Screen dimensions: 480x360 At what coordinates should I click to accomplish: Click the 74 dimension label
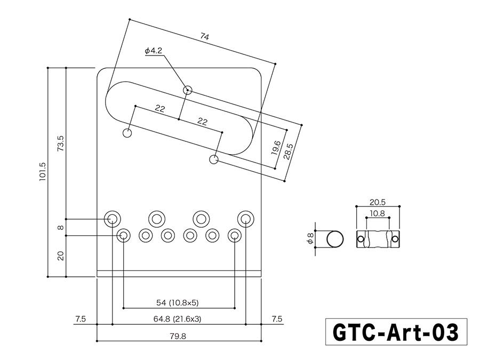pyautogui.click(x=204, y=36)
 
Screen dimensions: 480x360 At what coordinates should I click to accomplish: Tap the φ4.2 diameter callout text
pyautogui.click(x=153, y=51)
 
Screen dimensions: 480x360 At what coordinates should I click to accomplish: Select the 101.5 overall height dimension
pyautogui.click(x=43, y=172)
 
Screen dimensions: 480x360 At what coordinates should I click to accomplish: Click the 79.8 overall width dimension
pyautogui.click(x=179, y=337)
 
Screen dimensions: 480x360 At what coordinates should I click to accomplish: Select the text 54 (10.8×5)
pyautogui.click(x=177, y=303)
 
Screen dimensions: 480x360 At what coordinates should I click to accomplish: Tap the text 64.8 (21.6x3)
pyautogui.click(x=179, y=319)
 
